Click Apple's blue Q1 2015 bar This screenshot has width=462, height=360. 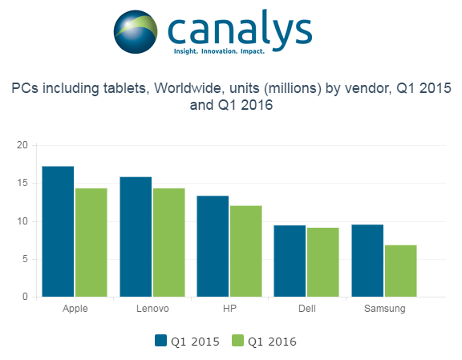tap(58, 232)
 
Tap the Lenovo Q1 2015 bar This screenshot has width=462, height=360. tap(136, 237)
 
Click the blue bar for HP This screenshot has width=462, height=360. tap(213, 246)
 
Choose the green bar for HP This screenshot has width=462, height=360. tap(246, 251)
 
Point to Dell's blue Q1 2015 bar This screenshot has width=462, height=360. tap(290, 261)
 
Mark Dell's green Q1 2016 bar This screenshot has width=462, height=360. tap(323, 262)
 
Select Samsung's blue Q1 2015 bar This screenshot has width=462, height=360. tap(367, 261)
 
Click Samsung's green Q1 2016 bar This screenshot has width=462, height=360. tap(401, 271)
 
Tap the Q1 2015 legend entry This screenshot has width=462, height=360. tap(188, 341)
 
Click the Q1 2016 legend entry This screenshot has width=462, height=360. tap(265, 341)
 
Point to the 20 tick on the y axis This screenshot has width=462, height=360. tap(22, 145)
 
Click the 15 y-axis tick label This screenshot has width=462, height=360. tap(22, 183)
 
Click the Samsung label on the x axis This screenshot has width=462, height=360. tap(384, 308)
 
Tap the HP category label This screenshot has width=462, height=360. tap(229, 308)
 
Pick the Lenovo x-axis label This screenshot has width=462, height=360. tap(152, 308)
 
